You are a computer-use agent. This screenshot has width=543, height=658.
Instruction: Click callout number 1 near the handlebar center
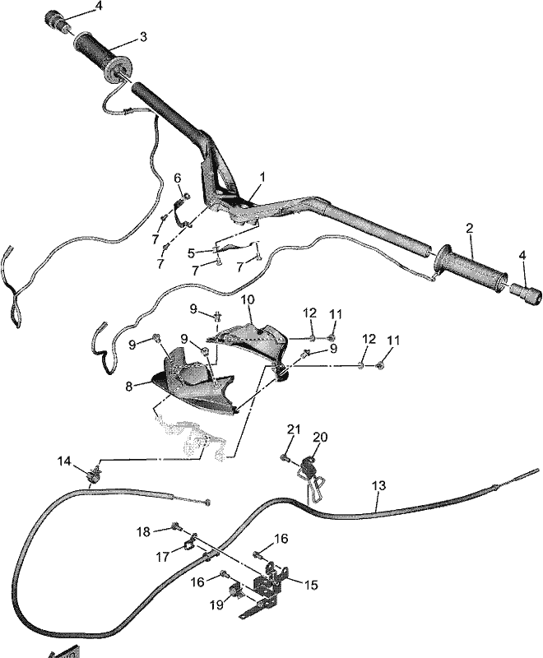click(x=262, y=177)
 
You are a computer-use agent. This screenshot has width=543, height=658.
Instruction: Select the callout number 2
click(x=469, y=229)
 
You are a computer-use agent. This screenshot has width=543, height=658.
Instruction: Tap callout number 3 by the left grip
click(x=143, y=37)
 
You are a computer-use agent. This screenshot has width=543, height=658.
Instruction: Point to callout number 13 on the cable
click(x=379, y=485)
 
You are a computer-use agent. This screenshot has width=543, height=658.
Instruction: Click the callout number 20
click(x=321, y=438)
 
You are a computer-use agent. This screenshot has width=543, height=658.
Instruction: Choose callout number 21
click(x=294, y=429)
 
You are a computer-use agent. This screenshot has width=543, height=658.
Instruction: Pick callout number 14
click(x=64, y=461)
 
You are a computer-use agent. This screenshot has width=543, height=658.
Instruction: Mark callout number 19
click(x=216, y=605)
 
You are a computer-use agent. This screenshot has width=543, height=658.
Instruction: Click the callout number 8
click(x=129, y=386)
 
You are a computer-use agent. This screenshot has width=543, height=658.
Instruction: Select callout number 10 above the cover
click(x=248, y=299)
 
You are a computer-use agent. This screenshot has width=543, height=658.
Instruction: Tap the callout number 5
click(x=191, y=253)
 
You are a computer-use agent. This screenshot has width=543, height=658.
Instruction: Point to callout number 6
click(x=178, y=178)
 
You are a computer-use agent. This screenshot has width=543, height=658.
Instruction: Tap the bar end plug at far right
click(x=527, y=293)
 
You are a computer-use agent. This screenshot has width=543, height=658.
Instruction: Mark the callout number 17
click(x=163, y=557)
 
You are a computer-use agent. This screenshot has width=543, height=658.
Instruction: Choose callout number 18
click(x=143, y=531)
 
